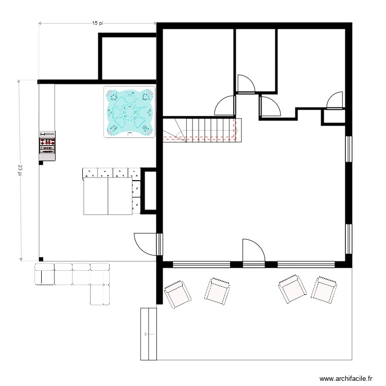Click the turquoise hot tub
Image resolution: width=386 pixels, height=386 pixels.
pos(130,113)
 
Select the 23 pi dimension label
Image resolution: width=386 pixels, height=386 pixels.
pos(20,170)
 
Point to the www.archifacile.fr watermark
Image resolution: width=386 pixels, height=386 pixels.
pos(345,377)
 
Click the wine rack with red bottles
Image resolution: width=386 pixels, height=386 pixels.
pos(47,143)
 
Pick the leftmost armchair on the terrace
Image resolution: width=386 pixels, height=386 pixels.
pos(177,294)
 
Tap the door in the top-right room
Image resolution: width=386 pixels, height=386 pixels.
pos(335,100)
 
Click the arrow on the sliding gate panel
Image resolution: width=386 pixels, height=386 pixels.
pos(148,334)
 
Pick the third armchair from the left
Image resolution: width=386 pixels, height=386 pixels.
pos(292,290)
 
